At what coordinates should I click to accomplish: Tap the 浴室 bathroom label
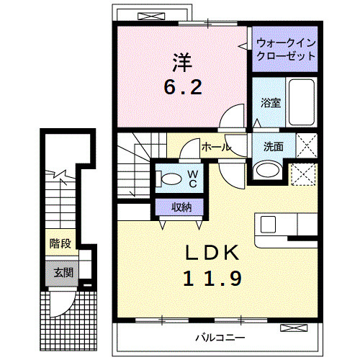coord(270,102)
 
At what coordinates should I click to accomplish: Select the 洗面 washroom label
coord(273,146)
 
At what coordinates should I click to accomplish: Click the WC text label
coord(193,179)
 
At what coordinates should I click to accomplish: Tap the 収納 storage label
coord(181,207)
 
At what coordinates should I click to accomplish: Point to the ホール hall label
coord(216,147)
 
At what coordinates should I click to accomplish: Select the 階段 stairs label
coord(60,243)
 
